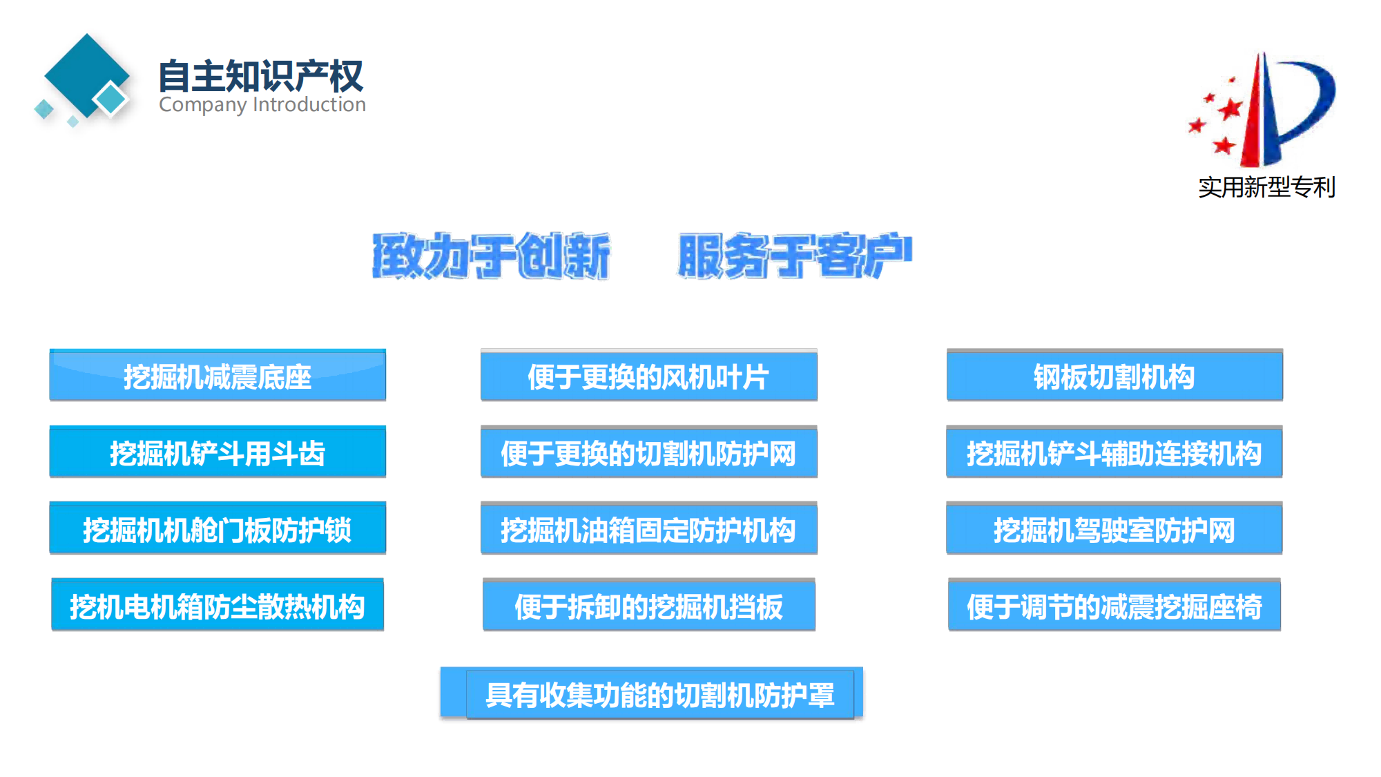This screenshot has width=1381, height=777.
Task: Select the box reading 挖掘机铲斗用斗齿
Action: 218,453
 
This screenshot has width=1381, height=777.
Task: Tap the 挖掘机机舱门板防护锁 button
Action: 218,530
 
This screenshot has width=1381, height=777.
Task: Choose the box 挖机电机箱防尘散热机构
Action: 218,606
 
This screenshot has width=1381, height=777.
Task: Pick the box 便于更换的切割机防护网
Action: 648,453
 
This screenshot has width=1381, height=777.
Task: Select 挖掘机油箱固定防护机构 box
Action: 648,530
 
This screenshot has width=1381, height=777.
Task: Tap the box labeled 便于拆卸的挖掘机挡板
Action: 648,606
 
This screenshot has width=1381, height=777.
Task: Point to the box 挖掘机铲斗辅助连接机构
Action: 1114,453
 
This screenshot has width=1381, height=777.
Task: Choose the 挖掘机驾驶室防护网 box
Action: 1114,530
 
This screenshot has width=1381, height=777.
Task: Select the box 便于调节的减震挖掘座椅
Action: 1114,606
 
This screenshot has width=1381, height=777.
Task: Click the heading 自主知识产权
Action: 260,76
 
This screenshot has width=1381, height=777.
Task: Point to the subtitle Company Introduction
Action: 262,105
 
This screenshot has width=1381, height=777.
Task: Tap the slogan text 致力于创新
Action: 491,256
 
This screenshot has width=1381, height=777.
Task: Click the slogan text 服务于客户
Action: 794,256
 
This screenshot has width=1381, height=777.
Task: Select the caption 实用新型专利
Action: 1266,187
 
